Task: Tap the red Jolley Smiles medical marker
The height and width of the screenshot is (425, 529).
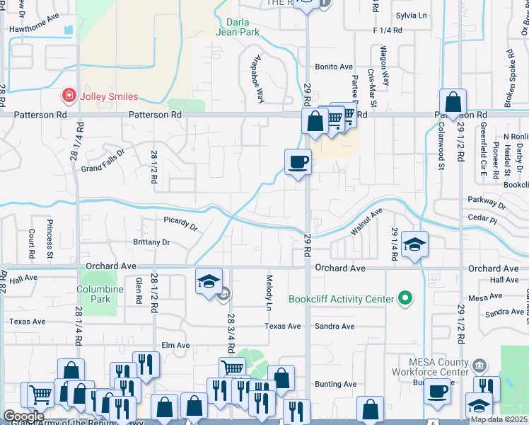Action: tap(69, 94)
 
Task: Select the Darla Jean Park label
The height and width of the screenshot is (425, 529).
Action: tap(238, 27)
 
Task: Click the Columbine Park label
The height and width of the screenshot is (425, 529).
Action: tap(95, 295)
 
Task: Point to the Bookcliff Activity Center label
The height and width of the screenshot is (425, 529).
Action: tap(340, 299)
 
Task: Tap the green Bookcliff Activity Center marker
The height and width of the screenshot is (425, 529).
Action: tap(405, 299)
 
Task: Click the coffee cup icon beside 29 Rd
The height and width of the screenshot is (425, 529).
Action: tap(298, 162)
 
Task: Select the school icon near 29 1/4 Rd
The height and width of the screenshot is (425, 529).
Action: tap(414, 244)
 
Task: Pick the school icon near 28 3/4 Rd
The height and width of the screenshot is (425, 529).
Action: tap(209, 281)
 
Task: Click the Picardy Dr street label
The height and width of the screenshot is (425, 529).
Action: tap(180, 223)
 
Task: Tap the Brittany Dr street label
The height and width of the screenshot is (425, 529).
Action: tap(151, 242)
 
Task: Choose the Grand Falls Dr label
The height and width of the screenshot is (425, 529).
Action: tap(103, 160)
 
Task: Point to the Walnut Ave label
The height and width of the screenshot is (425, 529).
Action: tap(366, 222)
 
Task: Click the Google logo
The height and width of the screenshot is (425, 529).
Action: tap(23, 416)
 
